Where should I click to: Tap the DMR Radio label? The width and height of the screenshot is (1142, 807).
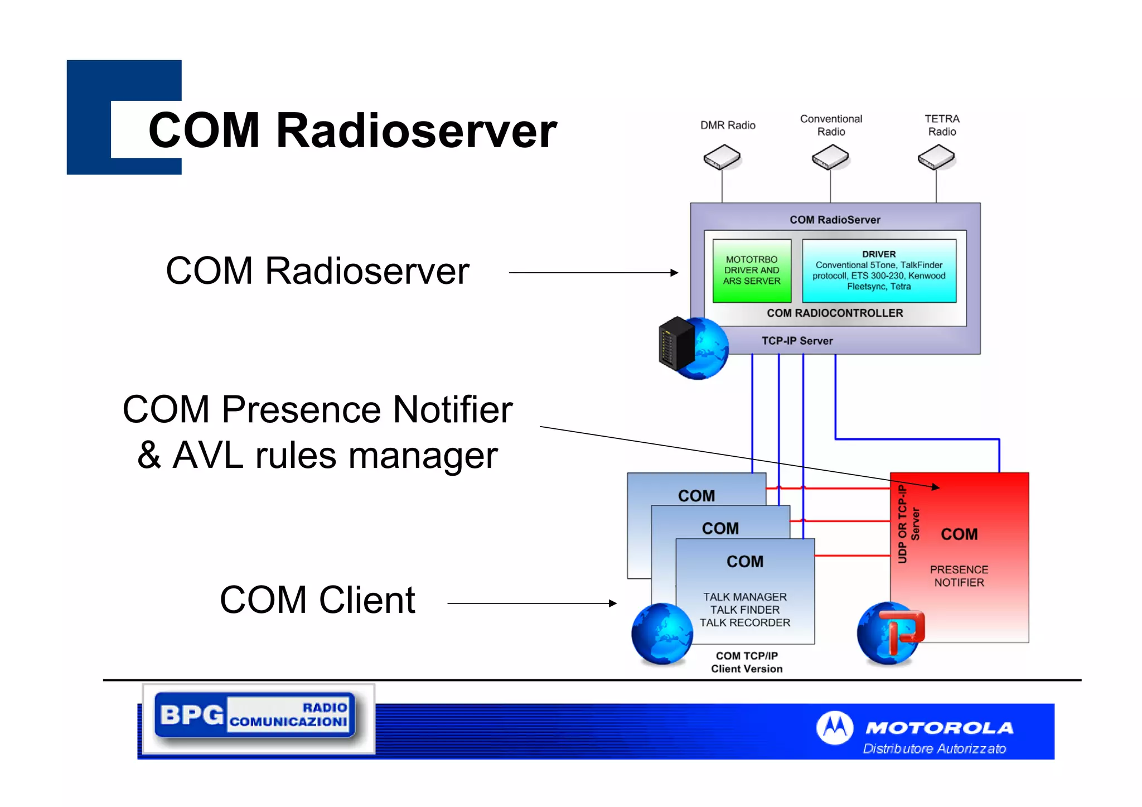pos(728,125)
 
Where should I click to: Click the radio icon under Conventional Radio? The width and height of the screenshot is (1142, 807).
pos(830,157)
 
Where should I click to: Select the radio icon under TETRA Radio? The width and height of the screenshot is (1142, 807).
pos(936,157)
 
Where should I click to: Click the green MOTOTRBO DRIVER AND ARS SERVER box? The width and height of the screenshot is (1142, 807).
pos(752,270)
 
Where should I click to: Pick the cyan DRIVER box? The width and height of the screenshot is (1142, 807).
pos(879,270)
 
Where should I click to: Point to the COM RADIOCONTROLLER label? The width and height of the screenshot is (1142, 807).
pos(835,313)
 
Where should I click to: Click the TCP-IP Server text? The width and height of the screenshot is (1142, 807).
pos(797,341)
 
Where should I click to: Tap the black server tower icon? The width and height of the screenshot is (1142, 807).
pos(676,344)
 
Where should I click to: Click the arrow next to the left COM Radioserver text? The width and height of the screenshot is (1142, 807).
pos(593,273)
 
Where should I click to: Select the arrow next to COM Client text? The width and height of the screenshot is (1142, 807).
pos(532,603)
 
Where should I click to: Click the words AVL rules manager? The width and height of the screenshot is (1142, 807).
pos(335,456)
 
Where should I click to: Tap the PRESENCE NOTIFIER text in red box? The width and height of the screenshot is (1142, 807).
pos(959,576)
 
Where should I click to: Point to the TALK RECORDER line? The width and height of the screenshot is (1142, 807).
pos(745,623)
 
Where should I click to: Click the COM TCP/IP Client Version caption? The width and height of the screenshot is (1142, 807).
pos(747,663)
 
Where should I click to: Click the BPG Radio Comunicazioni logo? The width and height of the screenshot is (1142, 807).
pos(255,716)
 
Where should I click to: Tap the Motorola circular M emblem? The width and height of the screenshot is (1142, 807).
pos(834,728)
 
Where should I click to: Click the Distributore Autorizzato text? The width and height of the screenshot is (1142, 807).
pos(935,748)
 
